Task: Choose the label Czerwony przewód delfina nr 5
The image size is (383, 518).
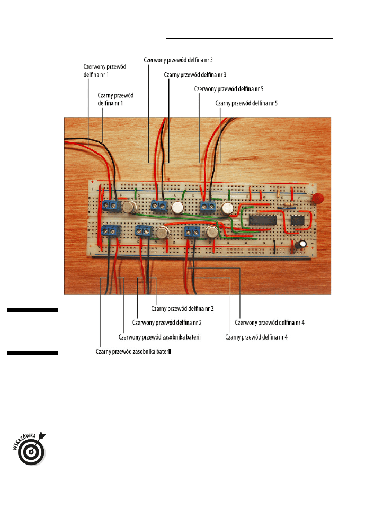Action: click(229, 89)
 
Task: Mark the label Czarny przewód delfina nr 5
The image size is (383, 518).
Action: click(247, 104)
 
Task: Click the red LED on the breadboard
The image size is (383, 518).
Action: click(318, 199)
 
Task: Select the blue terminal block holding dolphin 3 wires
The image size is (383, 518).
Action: click(159, 205)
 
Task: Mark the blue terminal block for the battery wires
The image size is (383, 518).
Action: click(111, 230)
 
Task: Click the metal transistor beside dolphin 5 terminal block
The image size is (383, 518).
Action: click(228, 208)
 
